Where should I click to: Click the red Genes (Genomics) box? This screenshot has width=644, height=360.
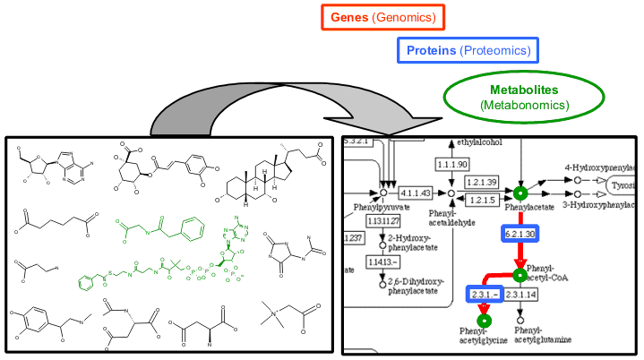pyautogui.click(x=384, y=16)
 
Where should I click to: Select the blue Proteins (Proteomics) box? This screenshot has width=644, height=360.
pyautogui.click(x=462, y=51)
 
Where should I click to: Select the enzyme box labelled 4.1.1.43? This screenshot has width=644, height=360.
pyautogui.click(x=415, y=193)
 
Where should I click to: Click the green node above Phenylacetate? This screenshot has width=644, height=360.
pyautogui.click(x=519, y=193)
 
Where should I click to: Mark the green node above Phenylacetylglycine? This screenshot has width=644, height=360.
pyautogui.click(x=485, y=319)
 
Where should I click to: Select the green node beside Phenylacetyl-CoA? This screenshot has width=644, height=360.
pyautogui.click(x=519, y=273)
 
